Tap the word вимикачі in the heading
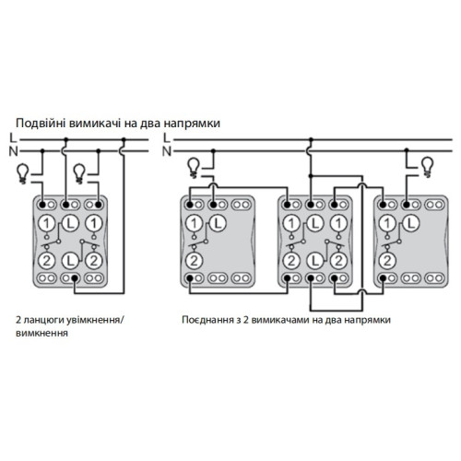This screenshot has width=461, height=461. pyautogui.click(x=95, y=123)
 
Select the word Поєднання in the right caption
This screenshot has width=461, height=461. pyautogui.click(x=207, y=320)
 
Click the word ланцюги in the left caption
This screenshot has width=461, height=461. pyautogui.click(x=43, y=321)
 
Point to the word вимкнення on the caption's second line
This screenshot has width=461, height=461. pyautogui.click(x=41, y=334)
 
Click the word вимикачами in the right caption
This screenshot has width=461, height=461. pyautogui.click(x=280, y=320)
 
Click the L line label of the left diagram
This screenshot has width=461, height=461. pyautogui.click(x=13, y=138)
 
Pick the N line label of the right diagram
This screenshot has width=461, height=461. pyautogui.click(x=166, y=151)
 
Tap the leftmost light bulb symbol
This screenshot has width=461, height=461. pyautogui.click(x=23, y=174)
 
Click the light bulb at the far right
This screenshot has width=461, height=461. pyautogui.click(x=428, y=167)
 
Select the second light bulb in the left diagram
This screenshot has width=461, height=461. pyautogui.click(x=79, y=174)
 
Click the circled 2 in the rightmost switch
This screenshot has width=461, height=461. pyautogui.click(x=387, y=261)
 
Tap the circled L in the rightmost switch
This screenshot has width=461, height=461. pyautogui.click(x=411, y=223)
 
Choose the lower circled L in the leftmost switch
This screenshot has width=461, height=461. pyautogui.click(x=70, y=261)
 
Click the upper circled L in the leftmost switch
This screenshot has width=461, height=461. pyautogui.click(x=70, y=223)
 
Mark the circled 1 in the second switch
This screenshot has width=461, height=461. pyautogui.click(x=194, y=223)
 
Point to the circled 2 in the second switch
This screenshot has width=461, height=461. pyautogui.click(x=194, y=261)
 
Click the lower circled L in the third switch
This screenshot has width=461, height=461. pyautogui.click(x=314, y=261)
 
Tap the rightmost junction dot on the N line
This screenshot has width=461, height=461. pyautogui.click(x=407, y=150)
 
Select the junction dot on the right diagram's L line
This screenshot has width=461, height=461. pyautogui.click(x=311, y=139)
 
